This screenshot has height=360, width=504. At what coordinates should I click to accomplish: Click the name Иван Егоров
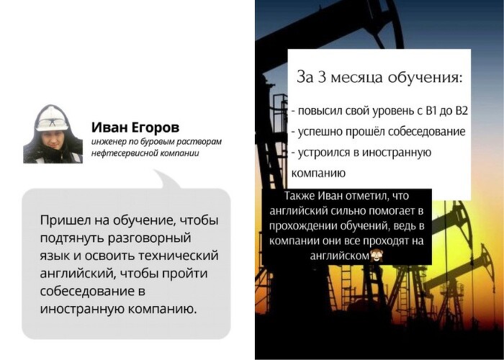[135, 128]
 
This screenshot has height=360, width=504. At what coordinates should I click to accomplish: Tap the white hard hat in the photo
[51, 119]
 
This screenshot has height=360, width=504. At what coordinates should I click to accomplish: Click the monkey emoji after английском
[375, 256]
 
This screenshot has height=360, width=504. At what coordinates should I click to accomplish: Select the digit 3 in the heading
[322, 77]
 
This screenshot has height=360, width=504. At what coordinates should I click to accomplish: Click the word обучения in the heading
[425, 78]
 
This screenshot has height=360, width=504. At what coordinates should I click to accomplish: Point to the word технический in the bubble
[179, 256]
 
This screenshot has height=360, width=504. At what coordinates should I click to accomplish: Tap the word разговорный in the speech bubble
[149, 239]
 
